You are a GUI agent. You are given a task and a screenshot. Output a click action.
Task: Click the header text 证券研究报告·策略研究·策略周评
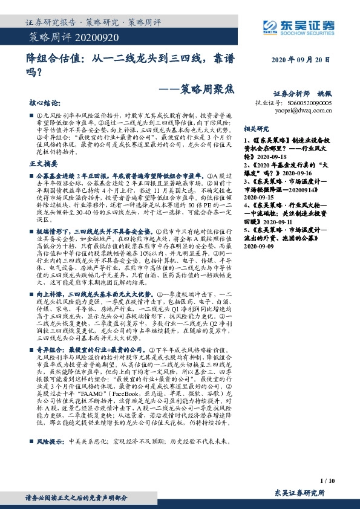[94, 22]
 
